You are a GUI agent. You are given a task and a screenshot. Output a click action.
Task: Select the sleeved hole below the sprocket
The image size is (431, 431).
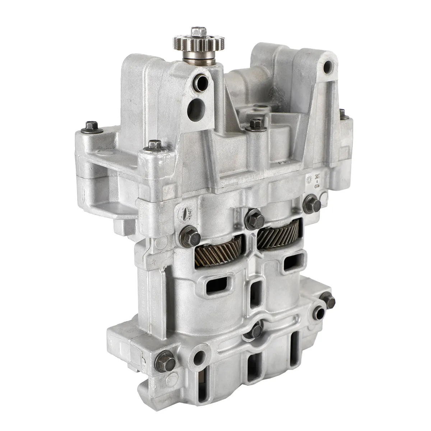click(x=199, y=82)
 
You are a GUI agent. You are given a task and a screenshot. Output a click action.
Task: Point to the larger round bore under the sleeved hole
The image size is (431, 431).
click(x=197, y=106)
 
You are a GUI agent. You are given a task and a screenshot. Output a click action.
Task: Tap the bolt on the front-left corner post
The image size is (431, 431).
click(x=154, y=145)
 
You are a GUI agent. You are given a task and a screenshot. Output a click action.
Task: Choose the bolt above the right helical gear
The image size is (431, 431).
click(x=311, y=203)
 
